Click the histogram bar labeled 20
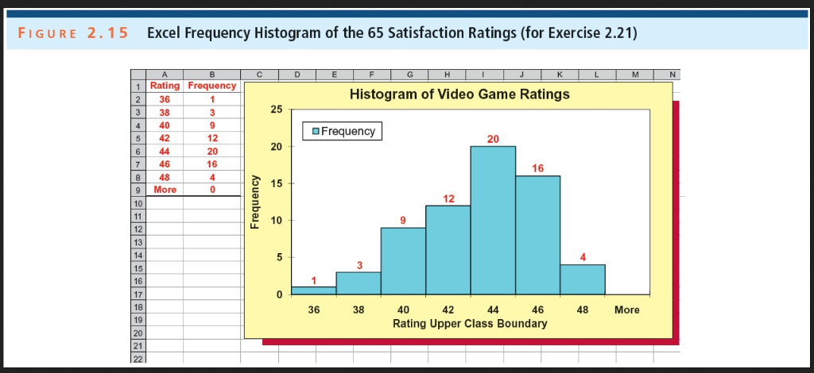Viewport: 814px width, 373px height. [x=493, y=221]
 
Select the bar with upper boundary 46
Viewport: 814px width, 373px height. [x=537, y=235]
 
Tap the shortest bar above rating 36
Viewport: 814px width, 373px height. [x=313, y=290]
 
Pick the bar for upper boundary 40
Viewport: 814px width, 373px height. [x=403, y=261]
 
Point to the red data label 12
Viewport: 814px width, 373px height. [x=448, y=198]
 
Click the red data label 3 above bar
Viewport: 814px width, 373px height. [x=359, y=264]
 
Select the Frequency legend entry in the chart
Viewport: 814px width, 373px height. [x=343, y=131]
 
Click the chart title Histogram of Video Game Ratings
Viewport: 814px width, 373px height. [x=459, y=95]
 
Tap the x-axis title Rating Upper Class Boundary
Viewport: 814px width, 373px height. [x=469, y=324]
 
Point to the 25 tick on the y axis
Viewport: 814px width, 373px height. [x=274, y=110]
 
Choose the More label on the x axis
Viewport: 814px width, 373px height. [x=626, y=310]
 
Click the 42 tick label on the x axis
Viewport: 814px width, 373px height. [x=448, y=310]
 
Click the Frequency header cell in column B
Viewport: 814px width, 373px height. [x=211, y=86]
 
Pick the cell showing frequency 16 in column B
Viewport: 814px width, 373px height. [x=211, y=163]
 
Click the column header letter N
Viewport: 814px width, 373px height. [x=673, y=74]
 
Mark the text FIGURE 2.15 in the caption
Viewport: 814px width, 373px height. [x=71, y=35]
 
